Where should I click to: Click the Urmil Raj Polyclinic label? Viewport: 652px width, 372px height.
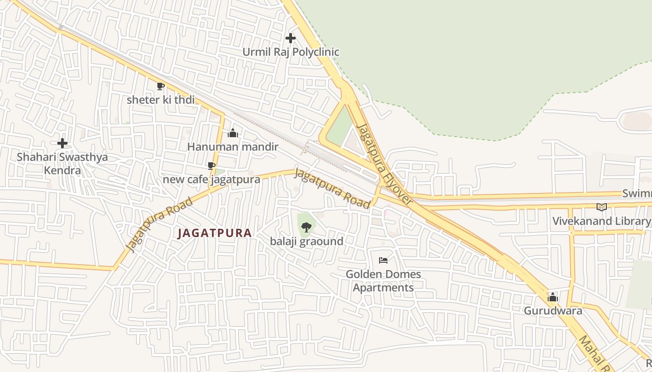[291, 52]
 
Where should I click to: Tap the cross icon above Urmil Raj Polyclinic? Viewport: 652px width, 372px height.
[291, 38]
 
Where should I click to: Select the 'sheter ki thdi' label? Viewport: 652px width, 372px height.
[161, 100]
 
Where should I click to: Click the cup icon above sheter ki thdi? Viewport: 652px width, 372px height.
[161, 86]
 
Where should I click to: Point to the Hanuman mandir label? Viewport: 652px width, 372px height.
[232, 147]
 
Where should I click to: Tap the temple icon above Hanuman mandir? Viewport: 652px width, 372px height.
[233, 133]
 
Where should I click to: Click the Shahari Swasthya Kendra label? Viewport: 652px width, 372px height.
[62, 164]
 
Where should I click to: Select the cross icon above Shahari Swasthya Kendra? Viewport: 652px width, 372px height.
[62, 143]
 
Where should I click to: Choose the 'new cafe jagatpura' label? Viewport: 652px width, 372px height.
[211, 179]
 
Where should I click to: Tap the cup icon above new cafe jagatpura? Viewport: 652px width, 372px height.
[211, 166]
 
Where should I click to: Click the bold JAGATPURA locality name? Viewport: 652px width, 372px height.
[215, 233]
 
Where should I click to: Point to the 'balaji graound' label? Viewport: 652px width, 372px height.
[306, 241]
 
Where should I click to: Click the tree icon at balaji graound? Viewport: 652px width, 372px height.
[306, 227]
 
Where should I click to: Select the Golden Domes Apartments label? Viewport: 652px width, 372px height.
[383, 281]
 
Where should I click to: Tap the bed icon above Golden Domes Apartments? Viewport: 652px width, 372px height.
[383, 260]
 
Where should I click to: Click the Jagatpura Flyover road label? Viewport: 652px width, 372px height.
[384, 164]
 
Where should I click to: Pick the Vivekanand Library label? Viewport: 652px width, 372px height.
[601, 221]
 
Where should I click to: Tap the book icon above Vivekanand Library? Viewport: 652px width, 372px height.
[602, 207]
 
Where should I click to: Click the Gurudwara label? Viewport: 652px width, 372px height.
[553, 311]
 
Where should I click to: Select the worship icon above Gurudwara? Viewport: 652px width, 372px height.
[553, 297]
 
